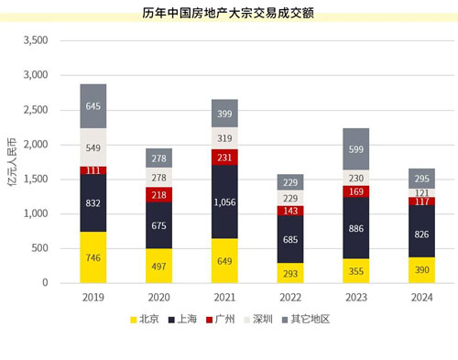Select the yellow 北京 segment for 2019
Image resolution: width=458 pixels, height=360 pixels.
[93, 257]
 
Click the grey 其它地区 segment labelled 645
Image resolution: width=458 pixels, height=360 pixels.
[93, 106]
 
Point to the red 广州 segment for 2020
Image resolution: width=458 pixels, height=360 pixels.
[159, 194]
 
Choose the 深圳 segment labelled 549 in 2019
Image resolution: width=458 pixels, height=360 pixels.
[93, 147]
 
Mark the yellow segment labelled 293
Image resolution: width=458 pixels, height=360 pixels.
[291, 273]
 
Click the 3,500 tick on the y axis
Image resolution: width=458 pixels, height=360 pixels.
[33, 41]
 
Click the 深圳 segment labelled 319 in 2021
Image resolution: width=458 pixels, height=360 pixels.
[225, 138]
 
